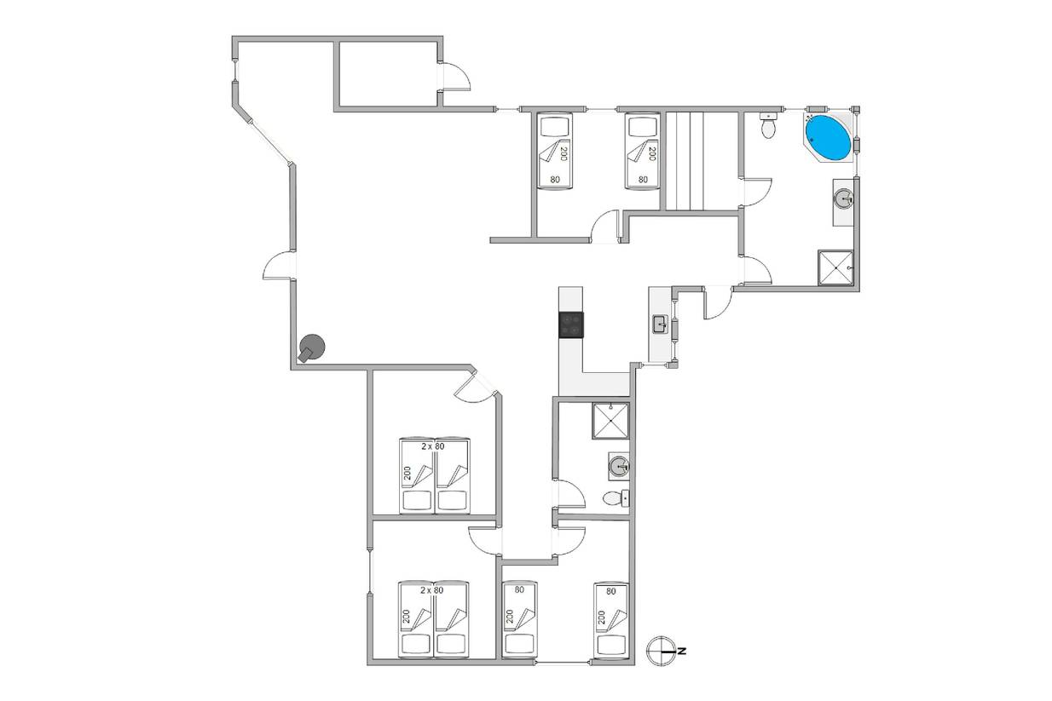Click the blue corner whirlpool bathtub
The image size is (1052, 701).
pos(828,136)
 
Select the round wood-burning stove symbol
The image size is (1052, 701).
pos(312,348)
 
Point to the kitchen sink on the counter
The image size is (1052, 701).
pos(661,325)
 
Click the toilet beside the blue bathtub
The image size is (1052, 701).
pos(768,125)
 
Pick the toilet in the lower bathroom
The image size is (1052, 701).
pos(616,497)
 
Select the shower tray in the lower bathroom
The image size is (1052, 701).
pos(610,421)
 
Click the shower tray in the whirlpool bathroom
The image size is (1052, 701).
pos(835,267)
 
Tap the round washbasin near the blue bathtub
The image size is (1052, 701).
pos(844,198)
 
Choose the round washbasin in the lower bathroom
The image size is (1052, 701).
pos(620,467)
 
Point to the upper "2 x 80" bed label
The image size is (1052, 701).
pos(432,446)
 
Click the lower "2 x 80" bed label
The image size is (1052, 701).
pos(431,590)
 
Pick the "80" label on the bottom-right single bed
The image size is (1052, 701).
pos(610,592)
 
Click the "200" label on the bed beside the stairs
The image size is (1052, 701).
pos(651,154)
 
